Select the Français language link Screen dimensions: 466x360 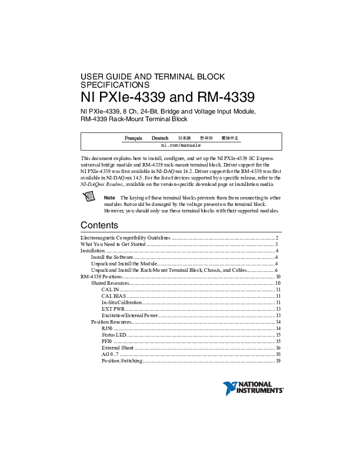pyautogui.click(x=133, y=138)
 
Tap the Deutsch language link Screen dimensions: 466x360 pyautogui.click(x=160, y=138)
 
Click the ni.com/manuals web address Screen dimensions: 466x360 pyautogui.click(x=181, y=145)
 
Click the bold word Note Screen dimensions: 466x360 pyautogui.click(x=109, y=198)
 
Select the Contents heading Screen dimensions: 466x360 pyautogui.click(x=99, y=225)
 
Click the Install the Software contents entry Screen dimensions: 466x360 pyautogui.click(x=112, y=257)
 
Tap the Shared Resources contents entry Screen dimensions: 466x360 pyautogui.click(x=109, y=283)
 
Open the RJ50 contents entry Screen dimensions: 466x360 pyautogui.click(x=106, y=328)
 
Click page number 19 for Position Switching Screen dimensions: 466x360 pyautogui.click(x=278, y=361)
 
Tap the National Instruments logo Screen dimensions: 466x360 pyautogui.click(x=254, y=388)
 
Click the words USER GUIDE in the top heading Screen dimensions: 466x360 pyautogui.click(x=101, y=77)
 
